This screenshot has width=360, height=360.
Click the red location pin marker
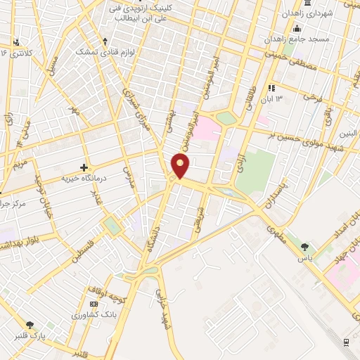[x=181, y=166]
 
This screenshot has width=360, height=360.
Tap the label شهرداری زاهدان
[x=309, y=14]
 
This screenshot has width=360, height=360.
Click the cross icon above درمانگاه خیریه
[x=84, y=167]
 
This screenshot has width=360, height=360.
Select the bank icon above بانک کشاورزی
[x=94, y=303]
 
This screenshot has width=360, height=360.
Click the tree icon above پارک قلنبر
[x=30, y=324]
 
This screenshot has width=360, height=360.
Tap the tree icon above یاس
[x=304, y=247]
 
